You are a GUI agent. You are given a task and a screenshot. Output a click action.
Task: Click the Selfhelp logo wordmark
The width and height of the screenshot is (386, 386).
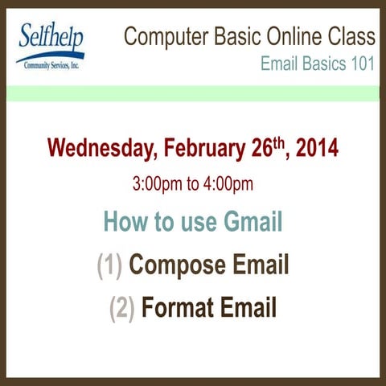click(x=50, y=37)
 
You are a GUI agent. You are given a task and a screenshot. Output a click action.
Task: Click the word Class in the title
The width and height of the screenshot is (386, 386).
click(x=350, y=37)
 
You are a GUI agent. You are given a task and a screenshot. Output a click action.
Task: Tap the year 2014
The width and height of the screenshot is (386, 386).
click(x=317, y=149)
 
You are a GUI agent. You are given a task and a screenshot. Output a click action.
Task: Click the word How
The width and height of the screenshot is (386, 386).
click(x=125, y=221)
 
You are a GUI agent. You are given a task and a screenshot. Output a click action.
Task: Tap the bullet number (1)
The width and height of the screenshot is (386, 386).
click(x=109, y=265)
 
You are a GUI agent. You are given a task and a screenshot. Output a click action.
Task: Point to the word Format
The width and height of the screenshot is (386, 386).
click(x=179, y=308)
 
